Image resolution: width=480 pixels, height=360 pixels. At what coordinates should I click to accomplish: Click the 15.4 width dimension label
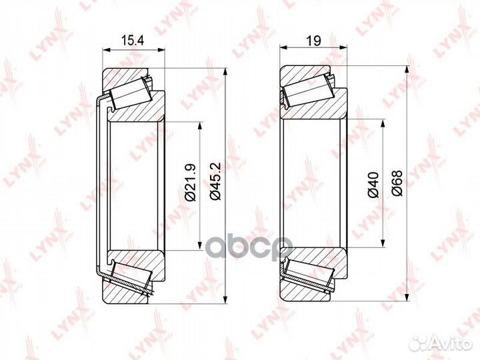[x=133, y=41]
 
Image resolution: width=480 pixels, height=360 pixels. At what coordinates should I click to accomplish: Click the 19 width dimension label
[x=314, y=41]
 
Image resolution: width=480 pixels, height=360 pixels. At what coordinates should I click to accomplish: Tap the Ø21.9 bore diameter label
[x=191, y=183]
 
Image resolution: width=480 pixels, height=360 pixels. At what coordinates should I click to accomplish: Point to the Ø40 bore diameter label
[x=373, y=185]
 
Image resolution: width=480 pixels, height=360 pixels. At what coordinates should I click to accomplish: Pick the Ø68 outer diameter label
[x=397, y=183]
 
